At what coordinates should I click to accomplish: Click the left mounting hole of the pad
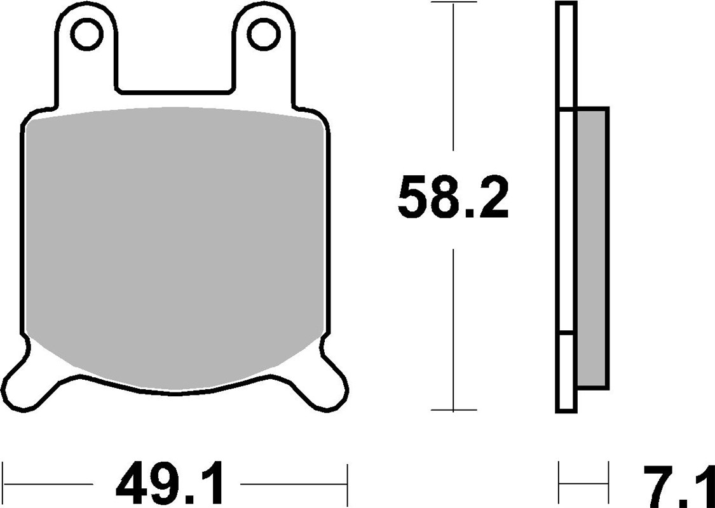coord(87,34)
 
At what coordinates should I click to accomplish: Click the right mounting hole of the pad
coord(262,34)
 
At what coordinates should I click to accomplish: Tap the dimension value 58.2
coord(453,198)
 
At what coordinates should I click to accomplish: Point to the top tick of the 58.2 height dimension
coord(453,3)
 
